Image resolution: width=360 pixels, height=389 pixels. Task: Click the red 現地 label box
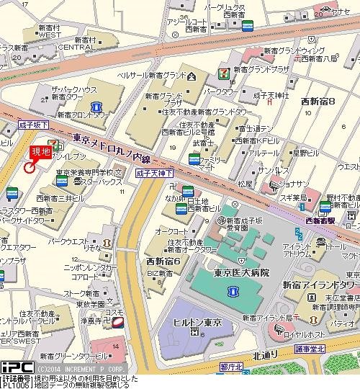[40, 152]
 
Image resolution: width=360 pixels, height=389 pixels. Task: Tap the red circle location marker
[29, 167]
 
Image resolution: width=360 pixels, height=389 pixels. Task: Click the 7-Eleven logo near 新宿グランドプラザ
[224, 73]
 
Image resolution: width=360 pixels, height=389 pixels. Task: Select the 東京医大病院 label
[241, 272]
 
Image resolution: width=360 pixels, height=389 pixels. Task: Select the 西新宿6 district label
[163, 261]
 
